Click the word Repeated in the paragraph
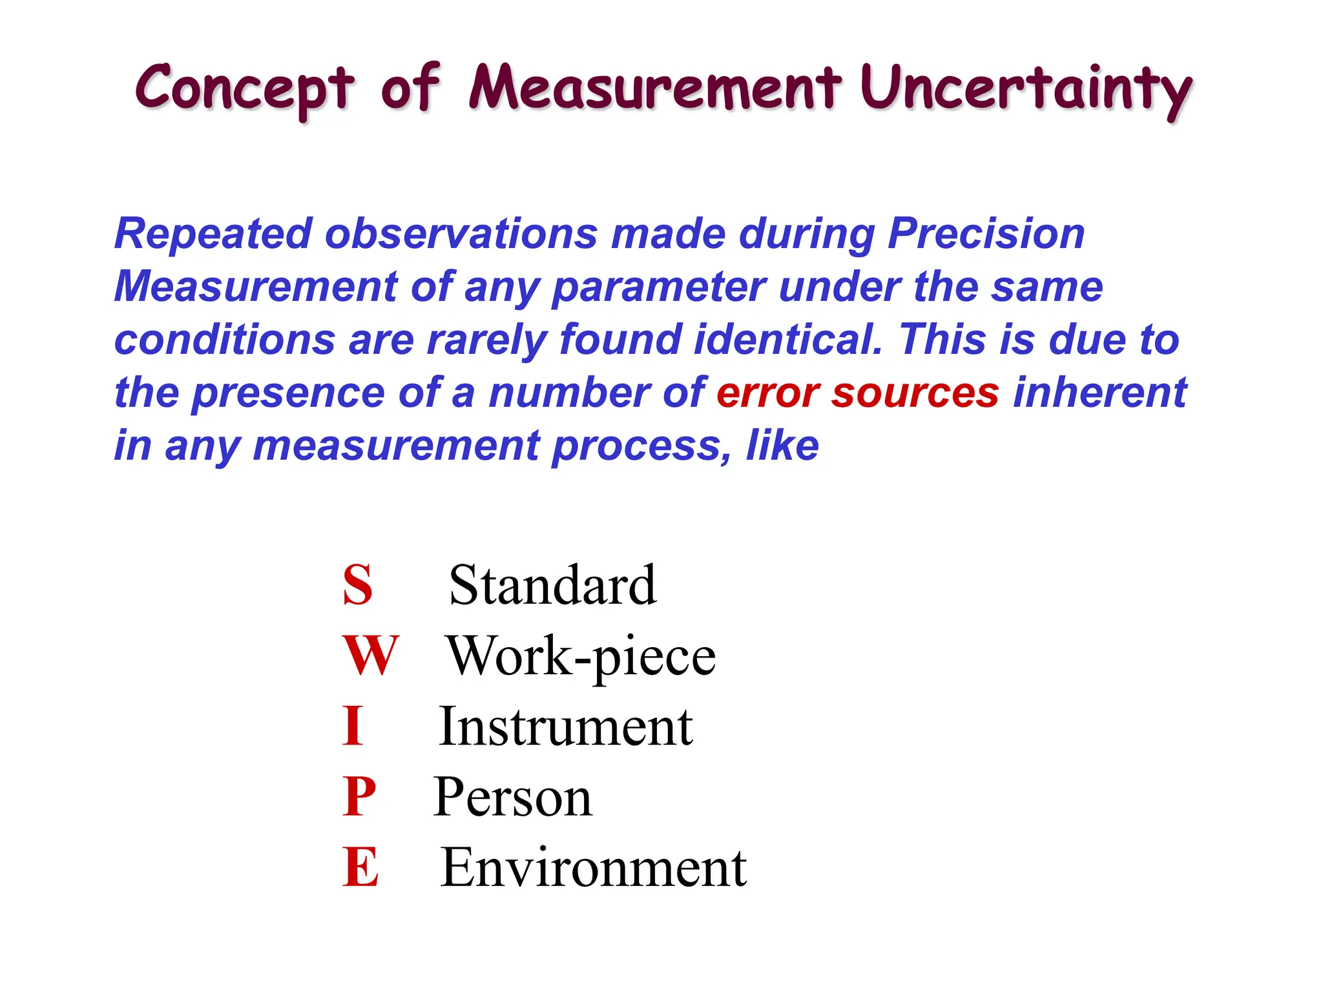[x=213, y=234]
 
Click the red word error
[x=767, y=393]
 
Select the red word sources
[x=915, y=393]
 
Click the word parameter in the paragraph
[x=659, y=287]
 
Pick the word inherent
[x=1099, y=393]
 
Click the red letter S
[x=357, y=585]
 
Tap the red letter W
[x=370, y=656]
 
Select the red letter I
[x=353, y=726]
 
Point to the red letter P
[x=359, y=796]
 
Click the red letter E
[x=360, y=867]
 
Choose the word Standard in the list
[x=552, y=585]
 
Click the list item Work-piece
[x=581, y=657]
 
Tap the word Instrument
[x=566, y=727]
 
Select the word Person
[x=512, y=798]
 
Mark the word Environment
[x=593, y=867]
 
